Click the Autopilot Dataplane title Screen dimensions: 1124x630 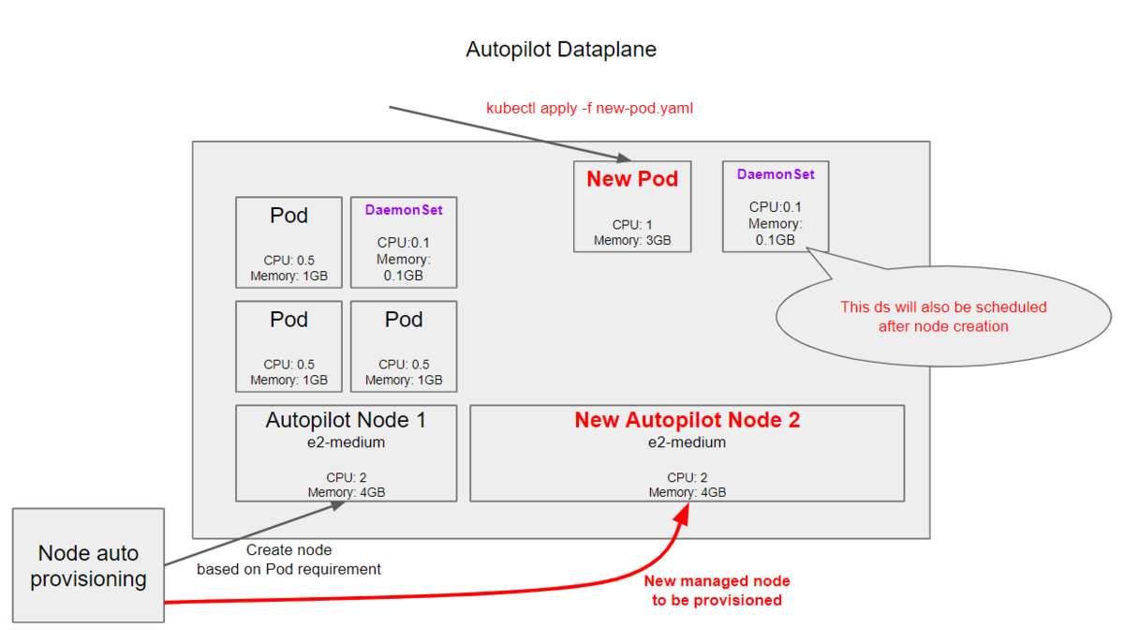561,50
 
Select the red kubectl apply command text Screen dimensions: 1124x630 589,108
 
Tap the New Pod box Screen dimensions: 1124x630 632,206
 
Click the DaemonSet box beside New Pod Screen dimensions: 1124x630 776,206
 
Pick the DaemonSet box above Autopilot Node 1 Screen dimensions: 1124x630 404,242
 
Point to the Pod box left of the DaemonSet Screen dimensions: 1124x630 288,242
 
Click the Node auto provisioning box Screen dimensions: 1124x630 88,565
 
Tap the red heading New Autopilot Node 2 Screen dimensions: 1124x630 687,420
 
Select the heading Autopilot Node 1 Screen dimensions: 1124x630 346,420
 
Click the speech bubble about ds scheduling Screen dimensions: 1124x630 943,316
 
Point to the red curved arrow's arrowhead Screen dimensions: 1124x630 682,515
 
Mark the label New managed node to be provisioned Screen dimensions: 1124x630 717,591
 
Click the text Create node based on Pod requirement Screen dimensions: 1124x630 288,559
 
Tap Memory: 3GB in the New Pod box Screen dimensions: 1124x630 632,240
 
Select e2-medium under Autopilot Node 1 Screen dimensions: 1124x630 346,442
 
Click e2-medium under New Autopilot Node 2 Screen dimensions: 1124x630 687,442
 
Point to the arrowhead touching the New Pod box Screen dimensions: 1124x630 624,157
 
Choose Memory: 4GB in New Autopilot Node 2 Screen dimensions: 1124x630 687,492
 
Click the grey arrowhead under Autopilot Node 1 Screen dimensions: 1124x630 336,506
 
